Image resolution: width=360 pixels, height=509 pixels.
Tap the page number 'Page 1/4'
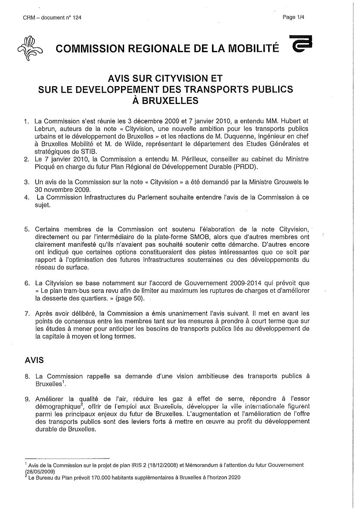pos(293,17)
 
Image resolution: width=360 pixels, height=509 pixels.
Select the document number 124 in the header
pos(76,17)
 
